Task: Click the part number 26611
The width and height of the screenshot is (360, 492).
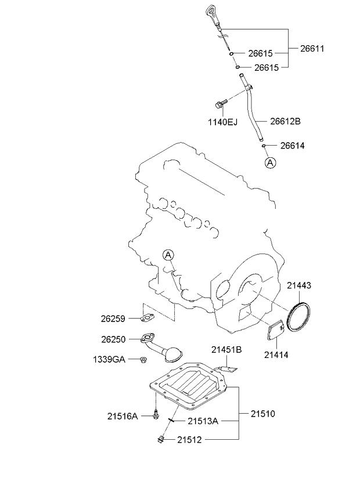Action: [311, 49]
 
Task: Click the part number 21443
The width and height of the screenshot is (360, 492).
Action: [299, 285]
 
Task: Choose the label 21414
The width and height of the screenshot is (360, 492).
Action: [276, 354]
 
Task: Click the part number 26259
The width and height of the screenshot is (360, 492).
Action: [113, 318]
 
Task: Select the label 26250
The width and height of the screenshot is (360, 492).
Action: [113, 339]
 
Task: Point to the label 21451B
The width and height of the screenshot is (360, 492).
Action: [226, 349]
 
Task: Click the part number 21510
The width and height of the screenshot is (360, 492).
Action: [263, 414]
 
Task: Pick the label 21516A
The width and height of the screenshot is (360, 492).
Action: [122, 415]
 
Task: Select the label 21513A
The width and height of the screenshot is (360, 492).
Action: [202, 421]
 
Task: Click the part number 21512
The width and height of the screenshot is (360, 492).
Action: [190, 439]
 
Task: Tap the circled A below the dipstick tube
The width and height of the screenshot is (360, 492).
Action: [270, 163]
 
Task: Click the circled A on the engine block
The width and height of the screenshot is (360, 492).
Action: [168, 255]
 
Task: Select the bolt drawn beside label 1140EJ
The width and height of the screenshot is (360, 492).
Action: [219, 105]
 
